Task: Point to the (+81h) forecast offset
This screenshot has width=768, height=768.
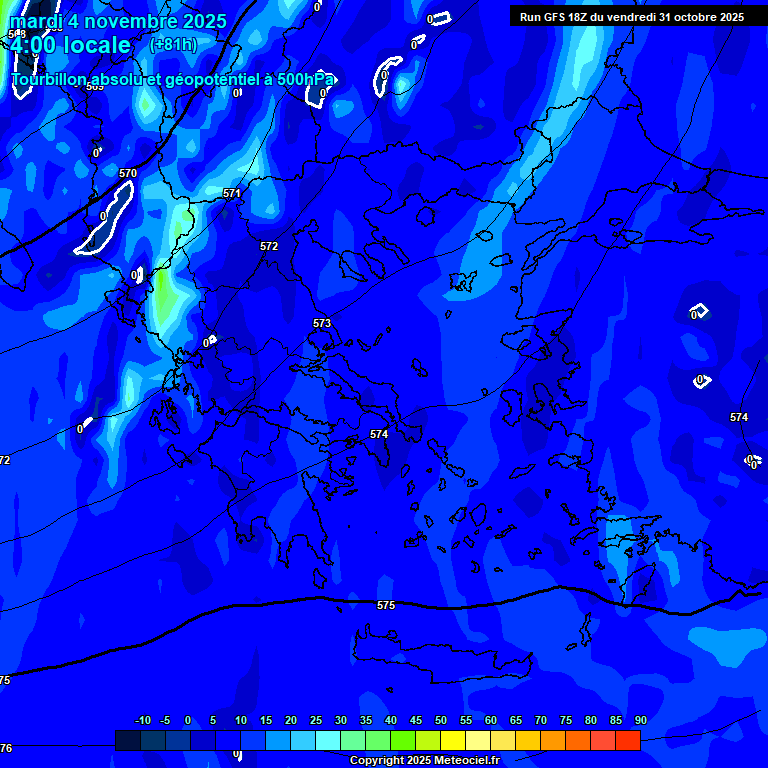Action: tap(173, 45)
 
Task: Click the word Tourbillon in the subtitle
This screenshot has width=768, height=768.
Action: tap(56, 79)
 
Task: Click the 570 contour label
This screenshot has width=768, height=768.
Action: tap(128, 173)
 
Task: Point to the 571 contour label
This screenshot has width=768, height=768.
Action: tap(232, 193)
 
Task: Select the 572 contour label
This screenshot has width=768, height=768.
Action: tap(269, 246)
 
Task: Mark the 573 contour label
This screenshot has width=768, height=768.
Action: tap(322, 323)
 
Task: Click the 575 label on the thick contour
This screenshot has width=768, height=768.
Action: tap(386, 605)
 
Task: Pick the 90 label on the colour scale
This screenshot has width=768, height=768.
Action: tap(640, 720)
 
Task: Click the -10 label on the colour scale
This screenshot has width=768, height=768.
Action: tap(143, 720)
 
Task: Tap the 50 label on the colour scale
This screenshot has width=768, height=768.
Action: tap(441, 720)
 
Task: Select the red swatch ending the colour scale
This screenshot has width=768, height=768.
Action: tap(627, 740)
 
